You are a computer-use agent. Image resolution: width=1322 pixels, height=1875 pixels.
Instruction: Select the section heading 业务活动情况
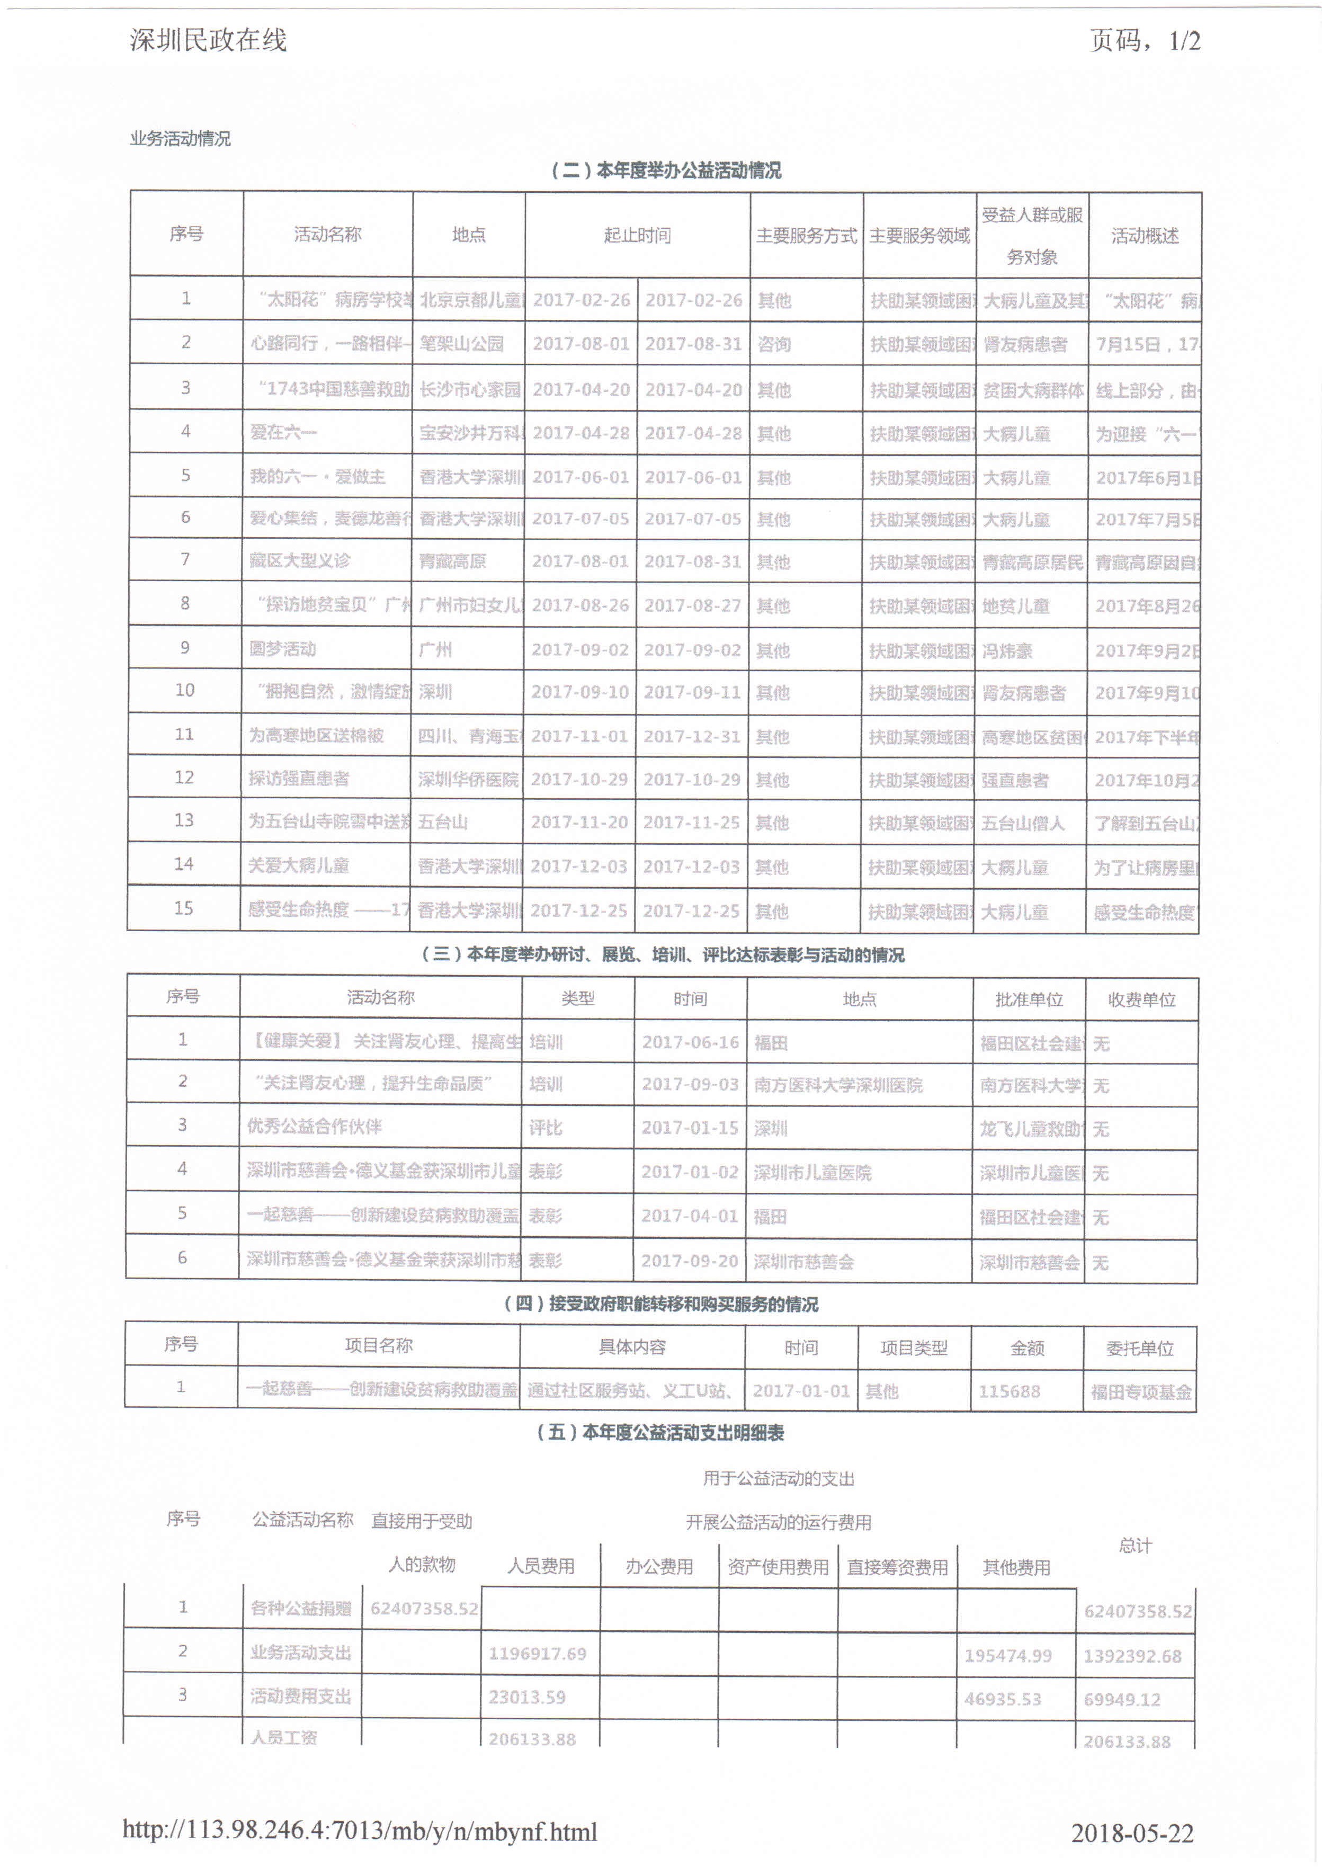point(181,139)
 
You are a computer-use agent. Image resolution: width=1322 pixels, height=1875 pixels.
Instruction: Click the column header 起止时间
point(637,235)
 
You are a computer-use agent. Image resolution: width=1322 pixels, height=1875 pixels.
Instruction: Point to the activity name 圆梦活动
point(282,649)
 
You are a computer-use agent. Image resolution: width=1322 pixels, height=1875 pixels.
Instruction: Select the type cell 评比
point(546,1128)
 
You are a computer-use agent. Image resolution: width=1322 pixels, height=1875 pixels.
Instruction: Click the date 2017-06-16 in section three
point(690,1042)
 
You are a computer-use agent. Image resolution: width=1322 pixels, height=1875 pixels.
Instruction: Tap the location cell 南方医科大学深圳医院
point(838,1085)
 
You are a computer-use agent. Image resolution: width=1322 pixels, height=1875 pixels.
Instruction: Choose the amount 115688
point(1010,1391)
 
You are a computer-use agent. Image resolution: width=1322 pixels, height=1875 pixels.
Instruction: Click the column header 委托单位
point(1140,1349)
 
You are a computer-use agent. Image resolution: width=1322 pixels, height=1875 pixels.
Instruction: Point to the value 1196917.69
point(537,1654)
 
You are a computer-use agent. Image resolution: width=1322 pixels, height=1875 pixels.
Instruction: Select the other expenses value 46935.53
point(1002,1699)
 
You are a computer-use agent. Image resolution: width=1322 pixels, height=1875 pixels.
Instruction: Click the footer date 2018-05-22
point(1132,1833)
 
